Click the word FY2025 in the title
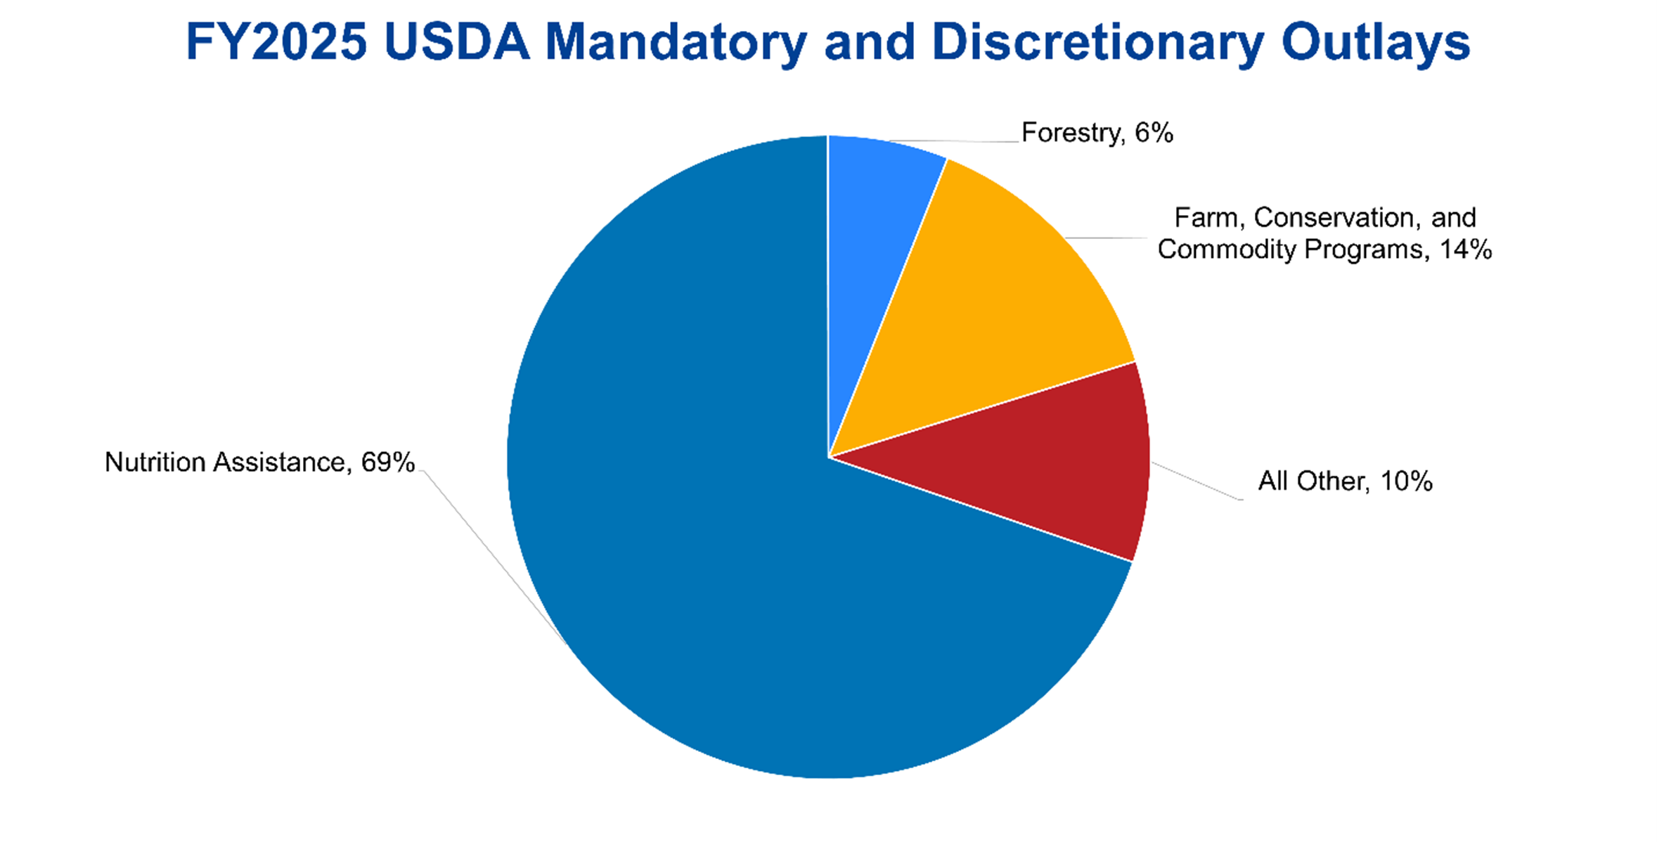[276, 42]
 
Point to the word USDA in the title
[456, 42]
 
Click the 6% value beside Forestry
[1154, 133]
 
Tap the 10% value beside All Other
[1406, 481]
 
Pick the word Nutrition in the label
[155, 462]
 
